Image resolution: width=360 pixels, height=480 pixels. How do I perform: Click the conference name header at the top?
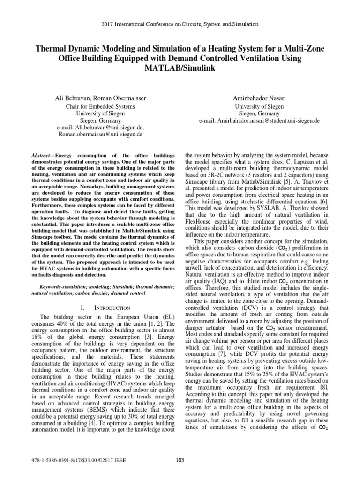(x=180, y=24)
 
